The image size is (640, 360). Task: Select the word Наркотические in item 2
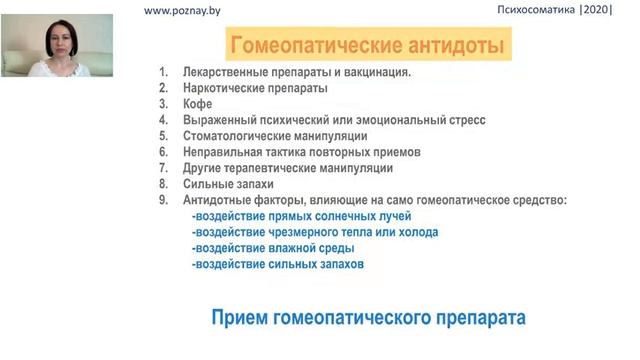point(225,88)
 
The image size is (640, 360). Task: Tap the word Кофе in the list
point(198,104)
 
